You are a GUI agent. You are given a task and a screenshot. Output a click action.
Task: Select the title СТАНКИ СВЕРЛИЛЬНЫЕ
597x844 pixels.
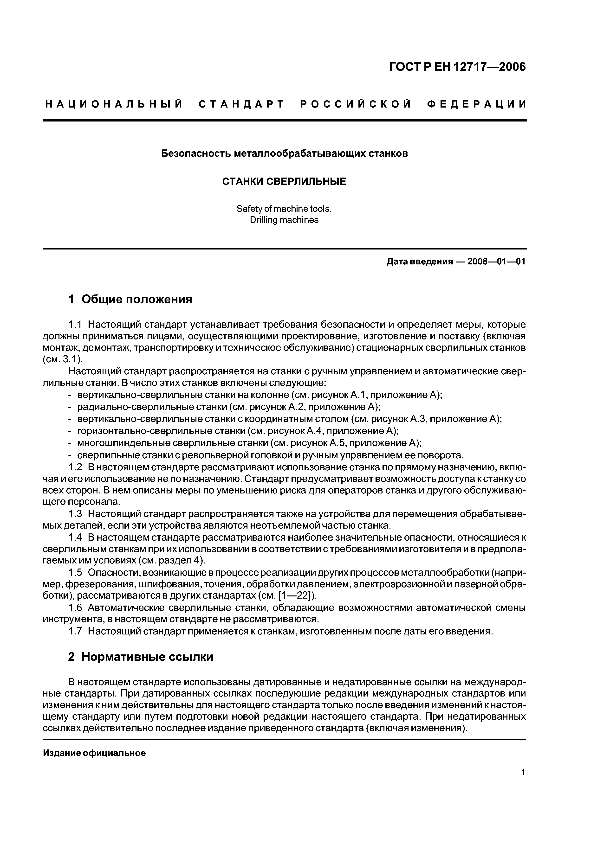pyautogui.click(x=284, y=182)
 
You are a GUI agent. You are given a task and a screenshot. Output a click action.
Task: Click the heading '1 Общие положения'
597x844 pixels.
pyautogui.click(x=130, y=299)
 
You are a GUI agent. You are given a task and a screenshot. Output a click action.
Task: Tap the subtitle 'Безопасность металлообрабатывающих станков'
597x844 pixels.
pyautogui.click(x=284, y=154)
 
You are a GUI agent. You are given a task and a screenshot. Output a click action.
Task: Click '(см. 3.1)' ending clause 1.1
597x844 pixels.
pyautogui.click(x=63, y=359)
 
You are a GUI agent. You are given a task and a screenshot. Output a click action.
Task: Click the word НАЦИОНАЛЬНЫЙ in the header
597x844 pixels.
pyautogui.click(x=114, y=105)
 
